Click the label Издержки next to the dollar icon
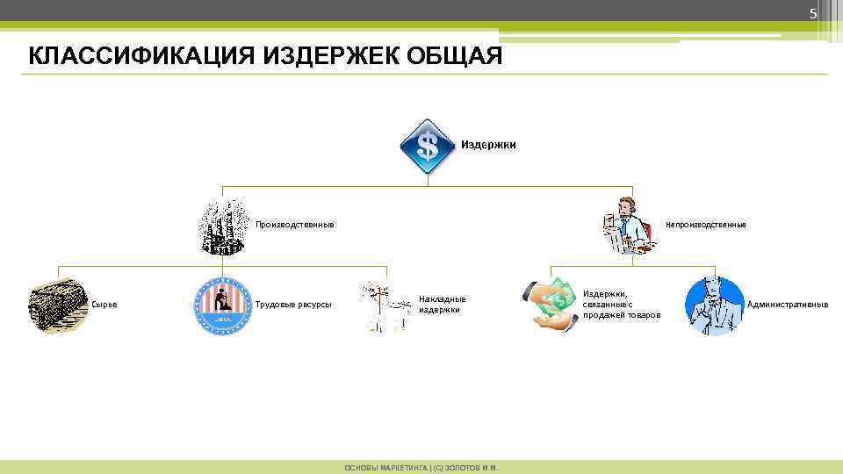point(488,145)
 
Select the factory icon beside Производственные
point(222,226)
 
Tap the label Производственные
point(294,225)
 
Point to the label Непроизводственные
point(705,225)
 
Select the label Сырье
point(104,305)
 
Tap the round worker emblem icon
point(222,305)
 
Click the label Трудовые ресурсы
point(292,305)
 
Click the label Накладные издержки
point(442,304)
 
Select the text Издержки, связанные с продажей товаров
point(621,304)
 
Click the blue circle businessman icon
point(714,305)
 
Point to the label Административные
point(787,305)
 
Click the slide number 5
point(812,13)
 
